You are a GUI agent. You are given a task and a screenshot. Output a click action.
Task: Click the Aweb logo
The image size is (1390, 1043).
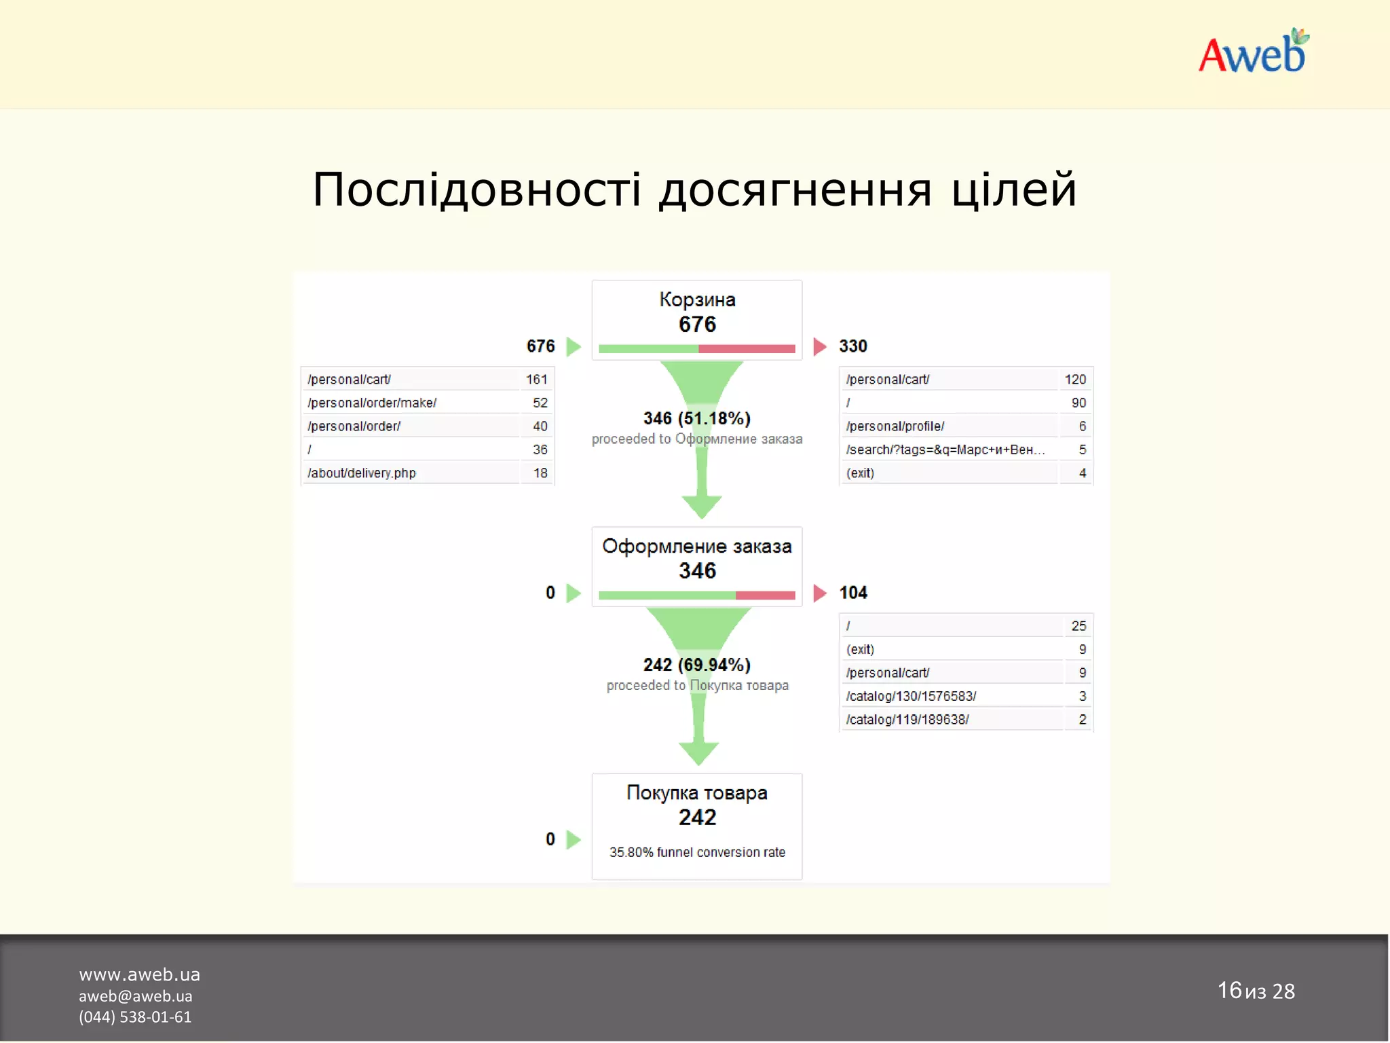click(1253, 53)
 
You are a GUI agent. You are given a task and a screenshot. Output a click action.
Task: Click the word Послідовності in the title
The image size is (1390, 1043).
click(476, 189)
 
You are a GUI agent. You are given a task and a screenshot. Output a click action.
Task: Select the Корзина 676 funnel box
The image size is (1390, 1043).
click(696, 320)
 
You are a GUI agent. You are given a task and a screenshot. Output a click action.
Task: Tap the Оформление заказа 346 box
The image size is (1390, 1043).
click(696, 566)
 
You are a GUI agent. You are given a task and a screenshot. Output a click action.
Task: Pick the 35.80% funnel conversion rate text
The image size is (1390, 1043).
click(697, 852)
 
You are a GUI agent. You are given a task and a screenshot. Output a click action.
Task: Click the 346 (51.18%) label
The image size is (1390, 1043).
click(696, 418)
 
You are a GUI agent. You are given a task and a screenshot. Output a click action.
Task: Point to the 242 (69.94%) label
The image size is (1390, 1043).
click(696, 665)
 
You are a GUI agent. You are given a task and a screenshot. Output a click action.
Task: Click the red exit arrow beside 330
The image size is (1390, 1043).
click(819, 346)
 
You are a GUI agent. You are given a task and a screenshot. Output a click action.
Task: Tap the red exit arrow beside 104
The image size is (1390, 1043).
click(819, 593)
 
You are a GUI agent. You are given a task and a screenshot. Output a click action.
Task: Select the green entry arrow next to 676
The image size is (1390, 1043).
click(574, 346)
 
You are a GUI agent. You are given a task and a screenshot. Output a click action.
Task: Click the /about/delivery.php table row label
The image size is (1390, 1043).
click(362, 473)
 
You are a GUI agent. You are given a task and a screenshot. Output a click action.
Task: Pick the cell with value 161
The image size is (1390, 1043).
click(536, 380)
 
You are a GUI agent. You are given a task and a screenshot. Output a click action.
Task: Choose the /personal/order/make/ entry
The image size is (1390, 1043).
click(372, 403)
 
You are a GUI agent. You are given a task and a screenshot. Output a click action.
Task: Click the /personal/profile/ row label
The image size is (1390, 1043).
click(895, 426)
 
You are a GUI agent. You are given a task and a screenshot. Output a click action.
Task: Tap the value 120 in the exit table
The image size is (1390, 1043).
click(1075, 380)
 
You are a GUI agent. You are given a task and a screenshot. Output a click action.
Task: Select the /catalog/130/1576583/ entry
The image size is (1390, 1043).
click(911, 696)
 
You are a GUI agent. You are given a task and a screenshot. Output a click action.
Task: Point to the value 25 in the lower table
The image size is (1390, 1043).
click(1078, 625)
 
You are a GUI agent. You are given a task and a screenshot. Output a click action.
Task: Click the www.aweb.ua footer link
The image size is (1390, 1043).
click(139, 974)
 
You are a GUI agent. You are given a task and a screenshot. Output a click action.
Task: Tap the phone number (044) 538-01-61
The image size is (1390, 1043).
click(135, 1017)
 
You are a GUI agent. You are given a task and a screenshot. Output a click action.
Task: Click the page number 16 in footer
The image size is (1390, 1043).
click(1229, 990)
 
